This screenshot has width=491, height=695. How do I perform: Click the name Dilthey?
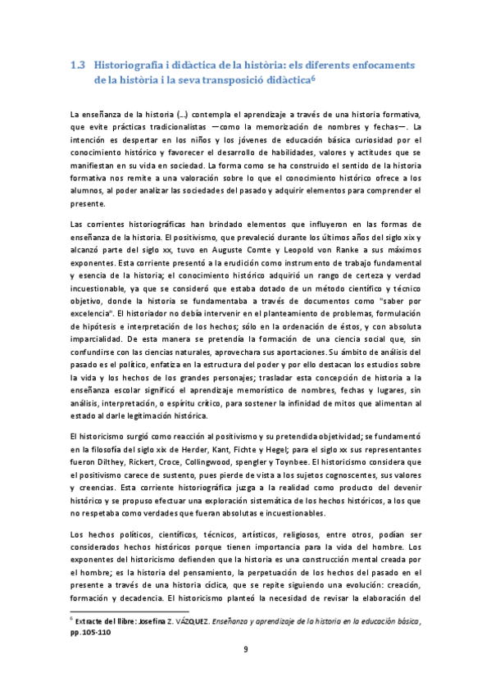coord(111,462)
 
